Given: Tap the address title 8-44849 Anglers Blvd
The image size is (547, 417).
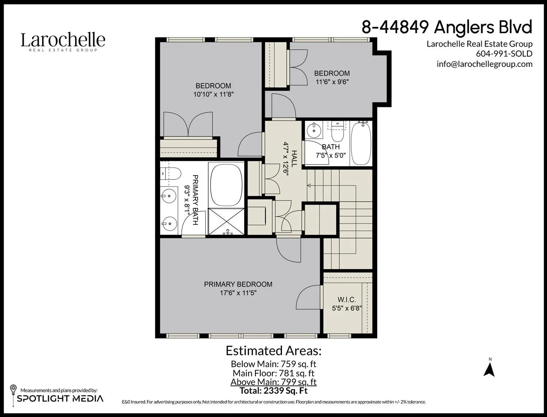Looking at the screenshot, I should [x=447, y=27].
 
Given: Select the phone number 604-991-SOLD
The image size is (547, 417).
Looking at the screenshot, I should [x=504, y=54].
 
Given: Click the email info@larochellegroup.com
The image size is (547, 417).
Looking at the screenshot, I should [x=484, y=64].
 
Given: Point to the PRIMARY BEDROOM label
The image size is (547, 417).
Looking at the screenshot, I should [x=238, y=284].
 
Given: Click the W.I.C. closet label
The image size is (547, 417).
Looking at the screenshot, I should [x=346, y=300].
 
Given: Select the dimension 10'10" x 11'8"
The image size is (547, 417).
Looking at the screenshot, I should [x=213, y=94].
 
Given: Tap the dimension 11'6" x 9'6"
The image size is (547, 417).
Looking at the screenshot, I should [x=332, y=82].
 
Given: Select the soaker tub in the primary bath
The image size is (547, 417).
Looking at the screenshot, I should [x=226, y=184].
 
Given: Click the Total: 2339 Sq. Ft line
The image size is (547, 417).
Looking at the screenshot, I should [x=273, y=391].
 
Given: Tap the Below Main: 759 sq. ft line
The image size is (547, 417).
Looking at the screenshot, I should [x=273, y=364].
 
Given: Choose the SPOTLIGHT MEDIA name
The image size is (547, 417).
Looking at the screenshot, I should [x=60, y=398].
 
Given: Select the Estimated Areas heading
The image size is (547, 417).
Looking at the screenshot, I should [x=273, y=351].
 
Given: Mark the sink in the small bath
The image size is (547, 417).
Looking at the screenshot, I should [x=313, y=130].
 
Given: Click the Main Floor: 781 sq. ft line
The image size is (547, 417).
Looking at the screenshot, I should [x=273, y=373].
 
